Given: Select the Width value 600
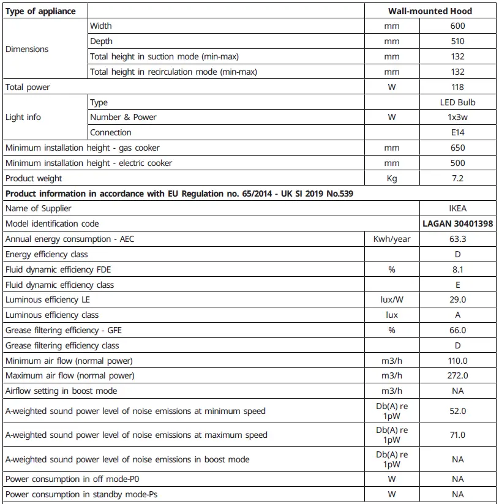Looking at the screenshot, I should pyautogui.click(x=457, y=26).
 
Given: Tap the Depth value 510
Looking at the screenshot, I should pyautogui.click(x=457, y=42).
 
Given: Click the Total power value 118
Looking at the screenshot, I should pyautogui.click(x=457, y=87).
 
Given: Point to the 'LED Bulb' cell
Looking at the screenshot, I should pyautogui.click(x=457, y=102).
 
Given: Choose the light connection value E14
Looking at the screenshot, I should pyautogui.click(x=457, y=132).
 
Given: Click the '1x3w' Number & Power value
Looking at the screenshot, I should pyautogui.click(x=457, y=117).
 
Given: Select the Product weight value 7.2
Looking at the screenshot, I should pyautogui.click(x=457, y=178).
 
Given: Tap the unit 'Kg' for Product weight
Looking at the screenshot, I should pyautogui.click(x=392, y=178).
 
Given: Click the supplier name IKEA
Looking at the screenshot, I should pyautogui.click(x=457, y=208).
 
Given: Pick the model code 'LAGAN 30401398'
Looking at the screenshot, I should pyautogui.click(x=457, y=224).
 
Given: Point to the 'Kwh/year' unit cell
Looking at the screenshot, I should pyautogui.click(x=392, y=239).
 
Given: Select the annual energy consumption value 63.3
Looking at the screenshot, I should pyautogui.click(x=457, y=239).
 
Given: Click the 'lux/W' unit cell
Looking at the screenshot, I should pyautogui.click(x=392, y=299).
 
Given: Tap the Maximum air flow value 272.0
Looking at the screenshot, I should pyautogui.click(x=457, y=375).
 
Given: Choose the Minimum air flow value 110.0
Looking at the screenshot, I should pyautogui.click(x=457, y=361).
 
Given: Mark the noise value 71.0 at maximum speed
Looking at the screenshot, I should pyautogui.click(x=457, y=435).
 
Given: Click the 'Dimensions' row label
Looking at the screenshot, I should pyautogui.click(x=27, y=49).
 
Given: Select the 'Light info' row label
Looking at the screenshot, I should pyautogui.click(x=24, y=117).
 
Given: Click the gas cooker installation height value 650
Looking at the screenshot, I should pyautogui.click(x=457, y=148).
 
